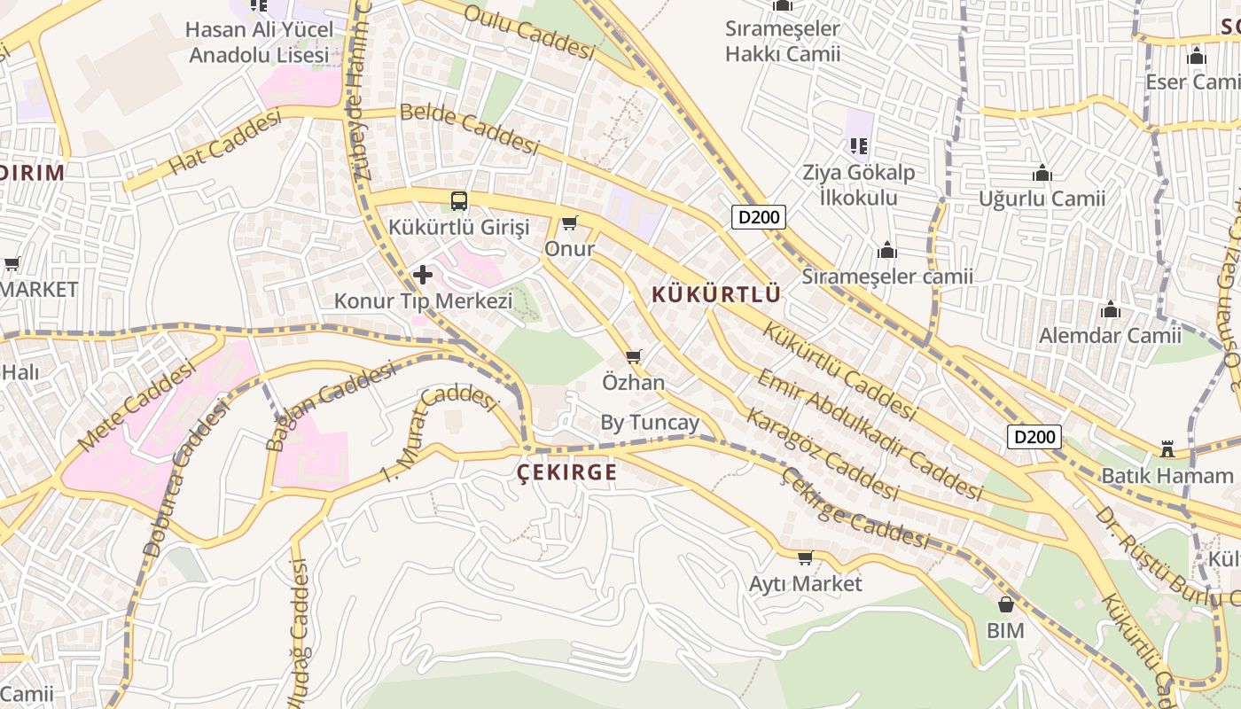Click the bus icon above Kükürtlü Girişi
point(458,201)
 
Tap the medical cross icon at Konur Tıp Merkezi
point(423,275)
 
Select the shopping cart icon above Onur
point(569,223)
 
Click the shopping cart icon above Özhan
point(633,357)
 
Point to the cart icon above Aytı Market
point(805,558)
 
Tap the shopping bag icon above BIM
point(1005,605)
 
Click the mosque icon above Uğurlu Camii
point(1042,173)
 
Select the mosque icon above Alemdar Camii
point(1110,310)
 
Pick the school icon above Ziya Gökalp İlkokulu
point(857,145)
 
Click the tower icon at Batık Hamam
point(1167,450)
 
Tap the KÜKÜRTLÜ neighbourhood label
point(716,294)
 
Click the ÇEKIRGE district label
point(567,472)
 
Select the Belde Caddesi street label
point(468,129)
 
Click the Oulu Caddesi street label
point(528,32)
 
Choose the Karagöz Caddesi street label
point(822,453)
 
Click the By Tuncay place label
point(650,423)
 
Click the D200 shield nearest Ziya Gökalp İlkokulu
point(759,217)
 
